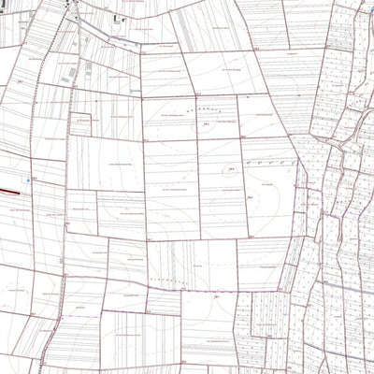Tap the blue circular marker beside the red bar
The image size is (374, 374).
coord(29,180)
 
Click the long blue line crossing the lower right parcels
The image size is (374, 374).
coord(309,309)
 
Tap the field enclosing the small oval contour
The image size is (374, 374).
coord(221,182)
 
